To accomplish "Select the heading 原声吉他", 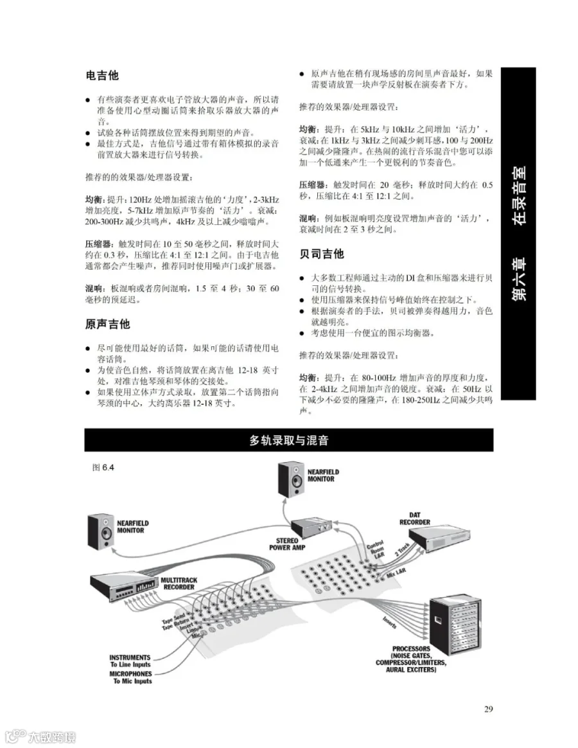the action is click(x=107, y=324).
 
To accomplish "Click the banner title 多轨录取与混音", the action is click(x=289, y=440).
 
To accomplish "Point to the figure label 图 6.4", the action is click(x=103, y=468).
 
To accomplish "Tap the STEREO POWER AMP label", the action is click(x=286, y=544).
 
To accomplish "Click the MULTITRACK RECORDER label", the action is click(x=179, y=583).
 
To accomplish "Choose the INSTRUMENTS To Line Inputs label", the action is click(x=130, y=661).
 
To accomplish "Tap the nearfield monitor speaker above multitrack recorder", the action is click(x=101, y=530).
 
